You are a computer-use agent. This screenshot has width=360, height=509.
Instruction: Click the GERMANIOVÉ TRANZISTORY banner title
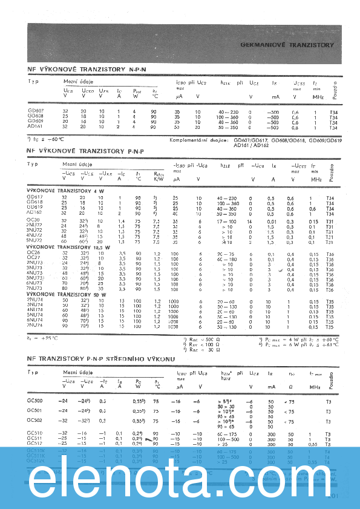click(287, 45)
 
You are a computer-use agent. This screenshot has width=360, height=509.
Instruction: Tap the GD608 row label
click(35, 116)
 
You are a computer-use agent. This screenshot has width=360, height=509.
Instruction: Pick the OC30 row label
click(33, 219)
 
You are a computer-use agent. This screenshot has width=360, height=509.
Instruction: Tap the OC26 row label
click(33, 252)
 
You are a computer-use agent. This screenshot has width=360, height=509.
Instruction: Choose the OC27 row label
click(33, 258)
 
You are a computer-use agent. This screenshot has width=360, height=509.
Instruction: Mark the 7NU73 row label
click(34, 288)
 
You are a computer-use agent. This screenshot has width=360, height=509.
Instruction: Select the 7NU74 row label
click(34, 326)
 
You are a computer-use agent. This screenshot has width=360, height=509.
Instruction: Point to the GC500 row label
click(35, 401)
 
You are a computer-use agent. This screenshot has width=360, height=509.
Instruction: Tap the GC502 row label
click(35, 420)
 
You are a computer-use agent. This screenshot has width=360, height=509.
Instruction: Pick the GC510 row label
click(35, 433)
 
